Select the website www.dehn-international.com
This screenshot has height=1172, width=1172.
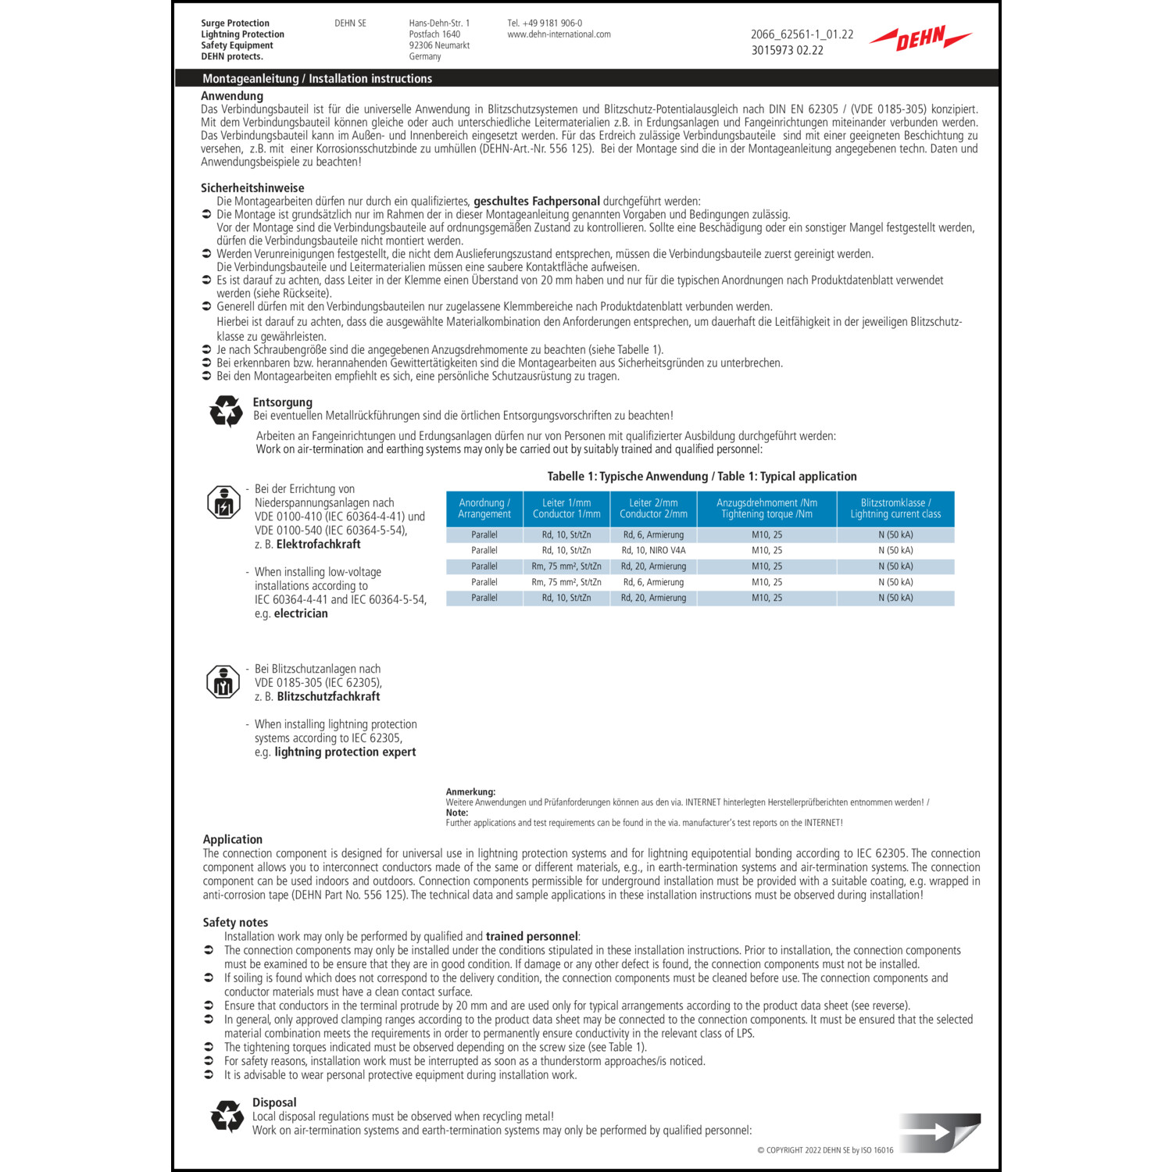559,34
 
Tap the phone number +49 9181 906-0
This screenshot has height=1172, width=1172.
545,23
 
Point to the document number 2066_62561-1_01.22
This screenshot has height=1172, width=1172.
802,34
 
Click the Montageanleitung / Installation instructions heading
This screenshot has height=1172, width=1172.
317,78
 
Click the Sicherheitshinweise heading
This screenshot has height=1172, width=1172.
252,188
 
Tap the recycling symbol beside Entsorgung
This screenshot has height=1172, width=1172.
226,410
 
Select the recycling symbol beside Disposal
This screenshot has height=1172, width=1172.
227,1117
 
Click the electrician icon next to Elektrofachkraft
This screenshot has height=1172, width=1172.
223,502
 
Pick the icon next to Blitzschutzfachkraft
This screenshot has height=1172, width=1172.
223,682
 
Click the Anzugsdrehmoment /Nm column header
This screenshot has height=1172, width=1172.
766,509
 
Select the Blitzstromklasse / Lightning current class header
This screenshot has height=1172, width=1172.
895,509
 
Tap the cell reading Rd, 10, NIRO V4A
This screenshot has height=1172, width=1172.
653,551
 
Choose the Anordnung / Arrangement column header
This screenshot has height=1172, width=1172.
484,509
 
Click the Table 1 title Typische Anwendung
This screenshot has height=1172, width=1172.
702,476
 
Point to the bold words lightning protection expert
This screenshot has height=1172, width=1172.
345,752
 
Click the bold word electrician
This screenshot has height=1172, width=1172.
301,613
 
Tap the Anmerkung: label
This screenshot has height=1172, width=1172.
470,791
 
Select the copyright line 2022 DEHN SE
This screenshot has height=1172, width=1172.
825,1150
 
